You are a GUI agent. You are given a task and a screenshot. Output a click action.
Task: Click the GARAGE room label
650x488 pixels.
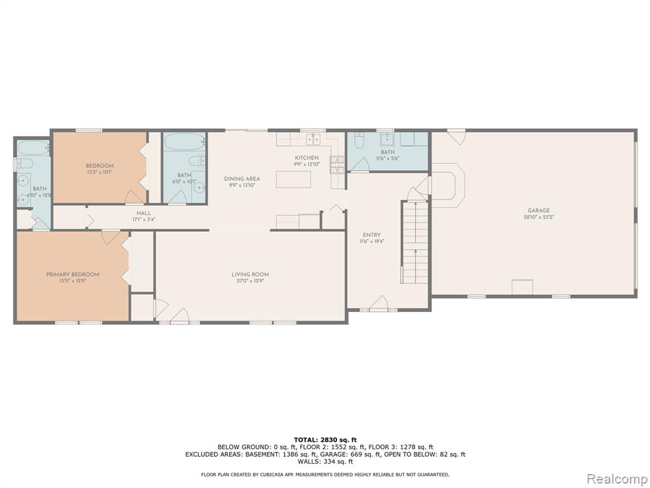[x=538, y=210]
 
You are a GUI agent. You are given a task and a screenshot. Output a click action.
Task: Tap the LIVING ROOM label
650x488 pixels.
[x=250, y=274]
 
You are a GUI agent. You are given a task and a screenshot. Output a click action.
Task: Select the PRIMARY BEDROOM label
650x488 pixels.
[x=72, y=274]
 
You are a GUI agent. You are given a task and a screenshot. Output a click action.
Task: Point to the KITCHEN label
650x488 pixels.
[x=307, y=158]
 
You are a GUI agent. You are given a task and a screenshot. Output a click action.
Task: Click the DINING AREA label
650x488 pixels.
[x=242, y=179]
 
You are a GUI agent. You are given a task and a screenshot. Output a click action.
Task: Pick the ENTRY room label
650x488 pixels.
[x=371, y=235]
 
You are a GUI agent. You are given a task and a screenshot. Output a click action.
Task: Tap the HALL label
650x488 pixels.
[x=144, y=213]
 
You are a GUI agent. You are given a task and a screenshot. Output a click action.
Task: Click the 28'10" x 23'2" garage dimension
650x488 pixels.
[x=538, y=217]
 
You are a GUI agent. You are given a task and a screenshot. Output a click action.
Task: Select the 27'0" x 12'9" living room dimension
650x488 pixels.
[x=250, y=280]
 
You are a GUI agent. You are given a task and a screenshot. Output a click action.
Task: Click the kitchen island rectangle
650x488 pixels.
[x=293, y=179]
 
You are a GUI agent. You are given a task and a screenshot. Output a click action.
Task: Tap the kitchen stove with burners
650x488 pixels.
[x=336, y=165]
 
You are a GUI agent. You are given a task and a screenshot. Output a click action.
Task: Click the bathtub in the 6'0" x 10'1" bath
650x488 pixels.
[x=185, y=142]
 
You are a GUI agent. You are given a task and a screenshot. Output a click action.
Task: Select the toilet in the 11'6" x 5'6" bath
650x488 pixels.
[x=359, y=141]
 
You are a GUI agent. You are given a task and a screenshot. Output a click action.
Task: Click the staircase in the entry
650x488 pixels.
[x=415, y=243]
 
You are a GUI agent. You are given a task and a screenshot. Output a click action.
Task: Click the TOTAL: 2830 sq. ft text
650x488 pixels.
[x=325, y=440]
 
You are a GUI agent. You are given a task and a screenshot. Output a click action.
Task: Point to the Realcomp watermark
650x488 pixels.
[x=616, y=478]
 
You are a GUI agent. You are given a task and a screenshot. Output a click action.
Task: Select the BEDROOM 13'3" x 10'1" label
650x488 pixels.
[x=100, y=169]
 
